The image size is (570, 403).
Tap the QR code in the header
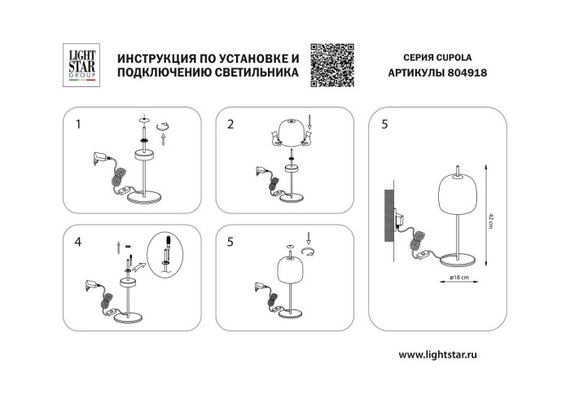[x=333, y=61]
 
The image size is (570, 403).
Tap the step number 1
[x=78, y=125]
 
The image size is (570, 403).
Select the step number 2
[x=230, y=125]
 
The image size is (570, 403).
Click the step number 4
[x=78, y=241]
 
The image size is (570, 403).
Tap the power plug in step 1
[x=100, y=160]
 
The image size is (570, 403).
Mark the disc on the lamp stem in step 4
[x=129, y=282]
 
